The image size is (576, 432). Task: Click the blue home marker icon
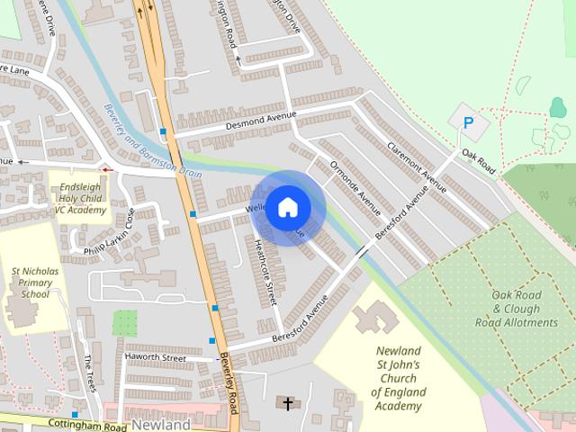(x=287, y=208)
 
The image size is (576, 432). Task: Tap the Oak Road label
(x=479, y=161)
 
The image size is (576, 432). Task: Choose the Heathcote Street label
(x=265, y=269)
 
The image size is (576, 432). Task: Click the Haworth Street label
(x=156, y=358)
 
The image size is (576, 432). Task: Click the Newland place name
(x=161, y=424)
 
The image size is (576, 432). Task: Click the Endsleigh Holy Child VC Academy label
(x=79, y=193)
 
